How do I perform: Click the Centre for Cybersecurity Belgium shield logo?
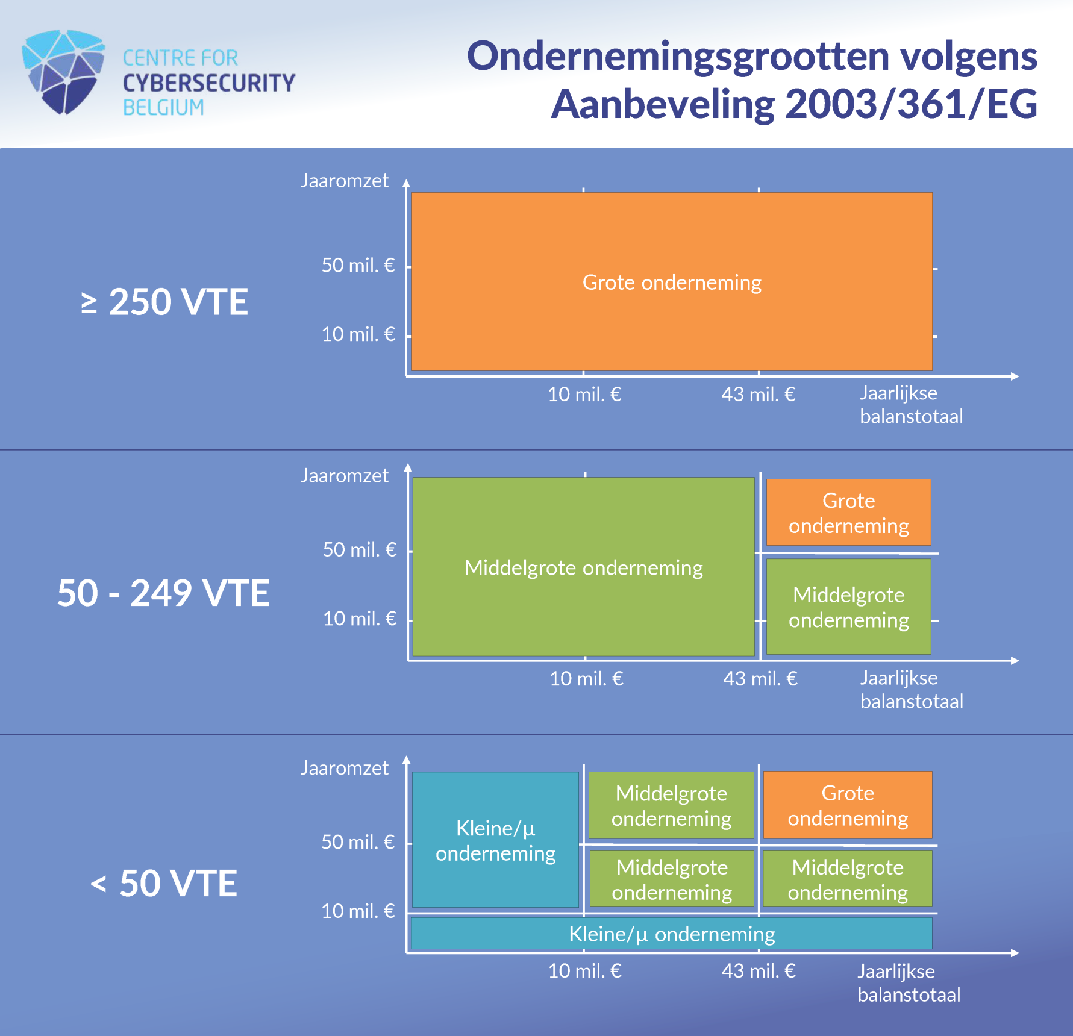pos(63,72)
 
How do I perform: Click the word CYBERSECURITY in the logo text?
pos(209,83)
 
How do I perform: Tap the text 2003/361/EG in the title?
pos(912,104)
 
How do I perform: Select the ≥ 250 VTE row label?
pos(164,302)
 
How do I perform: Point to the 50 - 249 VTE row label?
pos(163,593)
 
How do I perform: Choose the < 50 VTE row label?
pos(164,883)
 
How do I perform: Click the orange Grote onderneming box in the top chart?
pos(672,281)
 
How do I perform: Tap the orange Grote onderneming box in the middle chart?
pos(848,513)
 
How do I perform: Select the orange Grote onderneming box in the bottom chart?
pos(848,805)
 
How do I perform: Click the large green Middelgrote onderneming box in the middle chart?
pos(583,567)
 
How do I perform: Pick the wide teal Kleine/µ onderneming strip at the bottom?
pos(671,934)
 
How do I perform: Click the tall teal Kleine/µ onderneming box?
pos(495,840)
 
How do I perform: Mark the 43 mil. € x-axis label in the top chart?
pos(759,395)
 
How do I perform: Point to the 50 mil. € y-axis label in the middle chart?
pos(360,549)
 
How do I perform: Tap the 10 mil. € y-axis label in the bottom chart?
pos(358,911)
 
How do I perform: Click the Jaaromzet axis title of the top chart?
pos(345,181)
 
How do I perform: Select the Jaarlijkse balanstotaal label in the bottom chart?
pos(909,983)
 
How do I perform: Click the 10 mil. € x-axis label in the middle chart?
pos(586,679)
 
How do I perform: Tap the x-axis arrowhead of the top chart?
pos(1015,376)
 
